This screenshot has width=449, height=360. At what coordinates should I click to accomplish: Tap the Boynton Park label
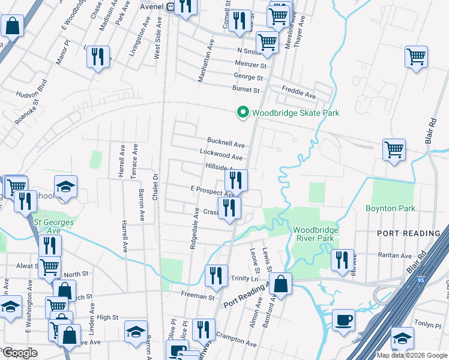(390, 209)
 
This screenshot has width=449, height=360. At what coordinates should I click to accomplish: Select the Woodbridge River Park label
(316, 234)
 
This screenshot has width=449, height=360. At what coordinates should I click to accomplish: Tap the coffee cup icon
(343, 319)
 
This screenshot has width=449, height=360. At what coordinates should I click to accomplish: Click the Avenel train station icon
(171, 7)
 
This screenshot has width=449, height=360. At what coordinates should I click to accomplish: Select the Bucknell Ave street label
(226, 145)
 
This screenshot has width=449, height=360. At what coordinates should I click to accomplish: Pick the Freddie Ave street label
(299, 95)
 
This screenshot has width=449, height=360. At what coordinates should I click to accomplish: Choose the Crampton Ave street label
(236, 338)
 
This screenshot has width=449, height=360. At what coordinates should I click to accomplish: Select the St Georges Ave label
(47, 226)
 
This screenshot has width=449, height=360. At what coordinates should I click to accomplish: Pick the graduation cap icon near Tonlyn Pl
(402, 337)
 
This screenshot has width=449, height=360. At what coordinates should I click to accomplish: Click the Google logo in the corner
(20, 353)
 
